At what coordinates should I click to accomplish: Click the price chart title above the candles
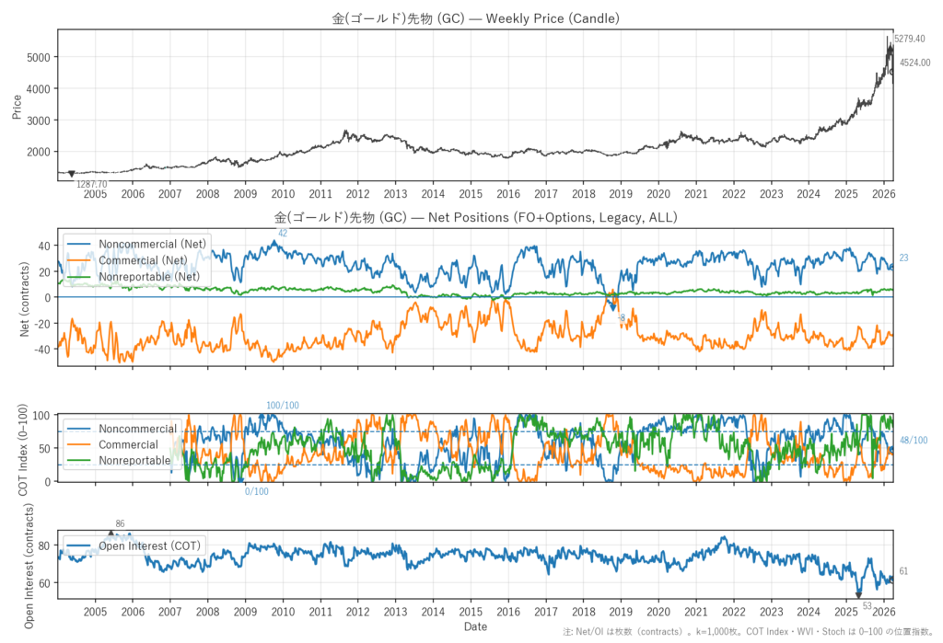coord(475,18)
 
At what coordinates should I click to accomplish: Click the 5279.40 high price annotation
coord(909,40)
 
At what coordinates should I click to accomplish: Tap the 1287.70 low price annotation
coord(91,185)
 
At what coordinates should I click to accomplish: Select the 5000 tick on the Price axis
coord(41,57)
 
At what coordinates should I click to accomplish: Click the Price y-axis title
coord(17,106)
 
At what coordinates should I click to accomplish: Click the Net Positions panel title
coord(475,218)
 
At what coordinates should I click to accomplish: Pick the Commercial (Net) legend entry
coord(152,260)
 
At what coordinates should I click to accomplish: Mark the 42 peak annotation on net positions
coord(283,234)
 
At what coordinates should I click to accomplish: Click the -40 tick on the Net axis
coord(41,350)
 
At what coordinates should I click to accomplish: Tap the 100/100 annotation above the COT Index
coord(283,406)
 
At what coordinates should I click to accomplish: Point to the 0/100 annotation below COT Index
coord(257,491)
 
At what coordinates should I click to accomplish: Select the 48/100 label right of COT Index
coord(914,441)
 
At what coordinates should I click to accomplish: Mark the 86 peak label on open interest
coord(120,524)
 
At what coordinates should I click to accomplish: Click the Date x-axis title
coord(475,626)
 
